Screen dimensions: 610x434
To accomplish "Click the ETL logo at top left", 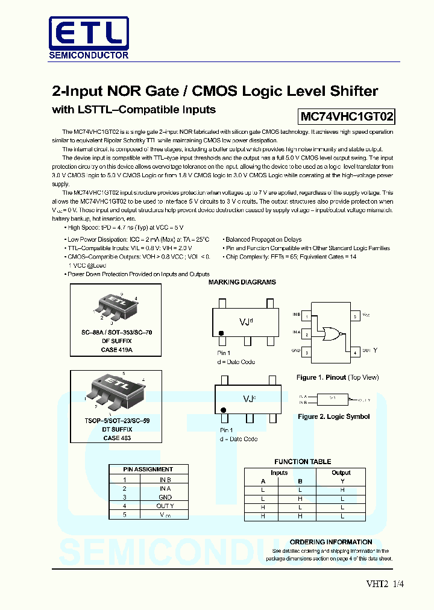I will pos(89,33).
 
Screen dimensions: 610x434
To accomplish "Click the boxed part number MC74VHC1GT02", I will pos(347,116).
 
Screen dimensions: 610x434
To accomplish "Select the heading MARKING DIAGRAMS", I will pos(242,282).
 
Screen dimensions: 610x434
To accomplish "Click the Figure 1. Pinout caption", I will pos(338,377).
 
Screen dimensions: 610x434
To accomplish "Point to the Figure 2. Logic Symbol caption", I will pos(334,417).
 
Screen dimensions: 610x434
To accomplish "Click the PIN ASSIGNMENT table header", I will pos(148,469).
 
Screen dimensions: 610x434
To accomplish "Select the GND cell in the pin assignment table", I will pos(165,497).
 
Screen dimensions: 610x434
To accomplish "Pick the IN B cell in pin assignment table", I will pos(165,479).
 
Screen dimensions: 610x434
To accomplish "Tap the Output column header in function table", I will pos(341,473).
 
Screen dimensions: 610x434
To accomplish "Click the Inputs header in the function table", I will pos(279,473).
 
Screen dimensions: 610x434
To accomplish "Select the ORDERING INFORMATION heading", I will pos(331,542).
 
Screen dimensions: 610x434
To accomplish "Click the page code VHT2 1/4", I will pos(385,583).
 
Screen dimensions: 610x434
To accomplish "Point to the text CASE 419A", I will pos(116,350).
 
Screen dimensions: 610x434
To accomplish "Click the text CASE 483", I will pos(116,438).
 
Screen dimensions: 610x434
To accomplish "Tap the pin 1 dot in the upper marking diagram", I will pos(222,333).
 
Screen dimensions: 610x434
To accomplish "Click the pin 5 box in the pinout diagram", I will pos(356,316).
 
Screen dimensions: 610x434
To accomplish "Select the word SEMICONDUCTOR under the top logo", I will pos(89,55).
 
